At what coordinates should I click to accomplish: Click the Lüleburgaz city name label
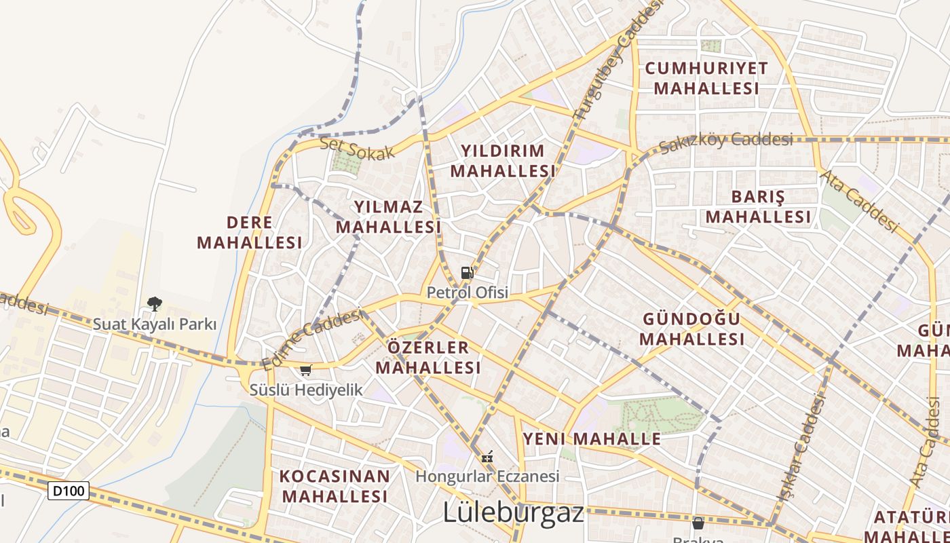tap(513, 512)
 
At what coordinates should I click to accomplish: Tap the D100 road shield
tap(69, 490)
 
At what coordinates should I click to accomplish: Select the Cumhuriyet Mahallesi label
tap(706, 78)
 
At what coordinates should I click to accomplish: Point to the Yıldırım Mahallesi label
tap(503, 161)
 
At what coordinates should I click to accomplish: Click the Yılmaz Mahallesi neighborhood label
tap(388, 217)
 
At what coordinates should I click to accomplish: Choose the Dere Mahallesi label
tap(250, 232)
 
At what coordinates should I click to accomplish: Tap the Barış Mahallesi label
tap(758, 207)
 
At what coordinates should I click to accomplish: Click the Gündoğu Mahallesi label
tap(691, 329)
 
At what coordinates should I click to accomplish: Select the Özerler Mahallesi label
tap(428, 358)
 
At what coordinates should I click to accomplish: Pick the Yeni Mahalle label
tap(591, 438)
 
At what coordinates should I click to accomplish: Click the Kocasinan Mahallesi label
tap(335, 485)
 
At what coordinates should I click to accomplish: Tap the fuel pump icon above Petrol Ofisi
tap(467, 273)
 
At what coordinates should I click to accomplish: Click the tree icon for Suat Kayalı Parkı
tap(155, 303)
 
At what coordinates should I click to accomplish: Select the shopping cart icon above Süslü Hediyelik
tap(305, 370)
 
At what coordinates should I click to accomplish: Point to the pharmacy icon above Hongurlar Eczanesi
tap(487, 457)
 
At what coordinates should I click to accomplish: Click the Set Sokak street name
tap(357, 148)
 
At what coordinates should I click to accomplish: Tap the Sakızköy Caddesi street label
tap(725, 141)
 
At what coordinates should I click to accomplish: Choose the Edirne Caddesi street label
tap(313, 339)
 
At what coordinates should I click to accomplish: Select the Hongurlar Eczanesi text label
tap(487, 476)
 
